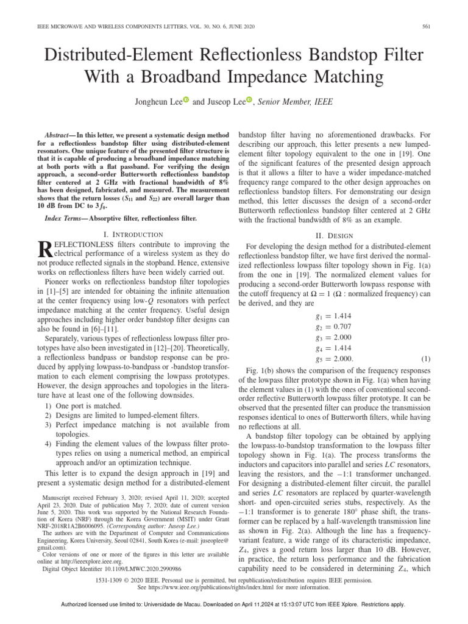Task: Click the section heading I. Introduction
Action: click(133, 234)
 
